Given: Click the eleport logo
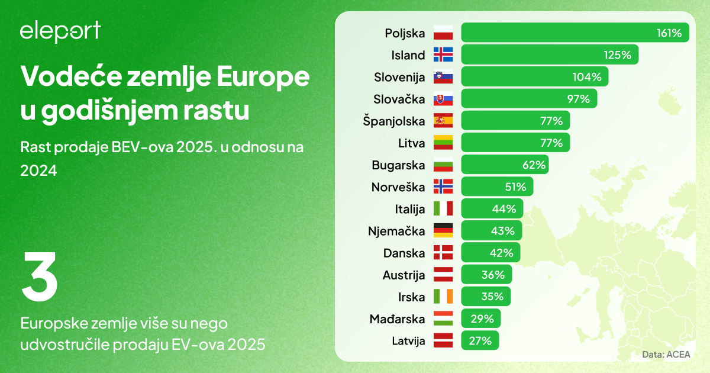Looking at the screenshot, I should [x=60, y=32].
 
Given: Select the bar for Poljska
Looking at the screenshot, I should [x=575, y=33].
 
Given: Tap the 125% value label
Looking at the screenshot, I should [x=618, y=55].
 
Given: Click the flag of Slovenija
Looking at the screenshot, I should [x=443, y=77].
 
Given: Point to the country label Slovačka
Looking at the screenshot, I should [x=399, y=99].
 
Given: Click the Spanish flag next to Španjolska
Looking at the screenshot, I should [x=443, y=121].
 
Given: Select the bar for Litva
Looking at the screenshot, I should [x=515, y=143].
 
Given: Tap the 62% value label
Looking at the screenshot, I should [x=534, y=165].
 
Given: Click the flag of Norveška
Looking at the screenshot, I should [x=443, y=186].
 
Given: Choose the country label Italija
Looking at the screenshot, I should [x=410, y=209].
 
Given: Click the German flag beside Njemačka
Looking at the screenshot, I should [x=443, y=231].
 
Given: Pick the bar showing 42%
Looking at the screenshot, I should [x=490, y=253].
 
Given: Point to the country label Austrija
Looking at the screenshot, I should [x=404, y=275].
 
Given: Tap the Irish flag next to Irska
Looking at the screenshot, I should [x=443, y=297].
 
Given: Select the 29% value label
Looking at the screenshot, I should [x=482, y=319].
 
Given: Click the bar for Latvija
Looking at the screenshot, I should [x=480, y=340].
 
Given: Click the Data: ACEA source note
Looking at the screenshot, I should [x=666, y=355].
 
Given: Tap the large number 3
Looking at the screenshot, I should [x=40, y=276].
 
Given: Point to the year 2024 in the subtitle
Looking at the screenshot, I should [x=38, y=171].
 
